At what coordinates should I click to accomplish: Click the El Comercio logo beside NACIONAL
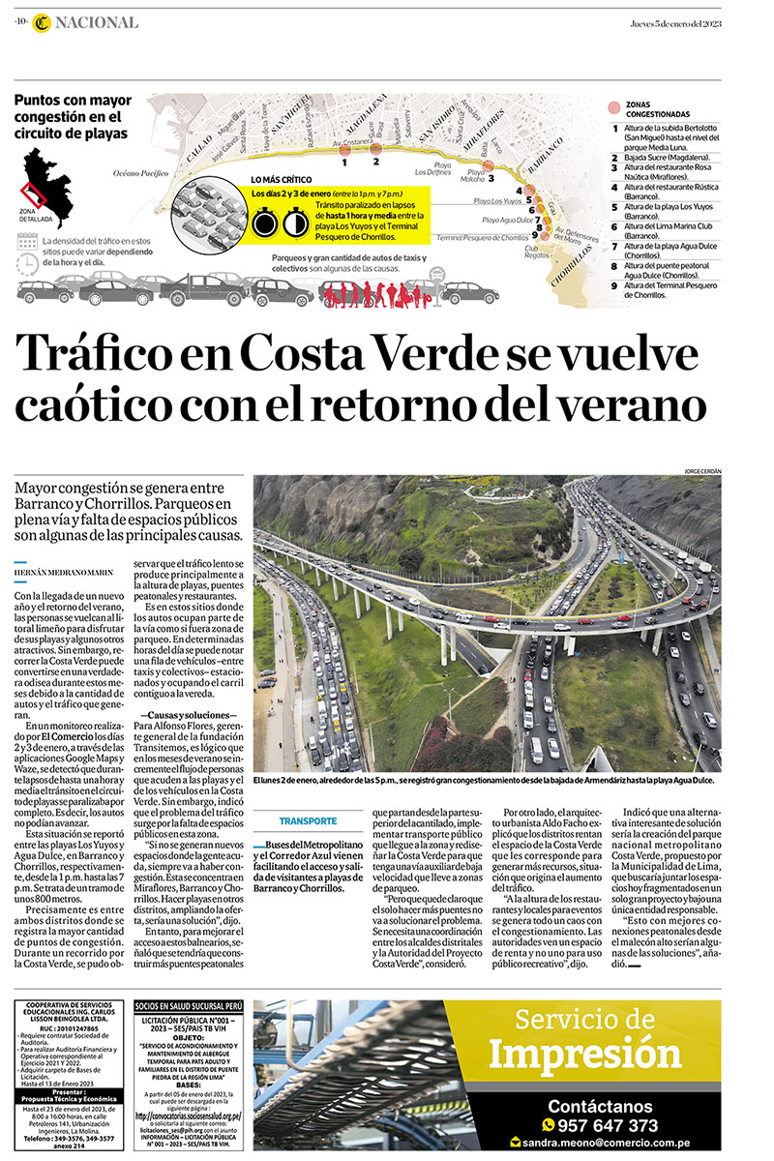tap(40, 23)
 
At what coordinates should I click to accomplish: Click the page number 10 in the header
tap(19, 22)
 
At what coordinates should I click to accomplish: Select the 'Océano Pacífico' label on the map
tap(141, 173)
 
